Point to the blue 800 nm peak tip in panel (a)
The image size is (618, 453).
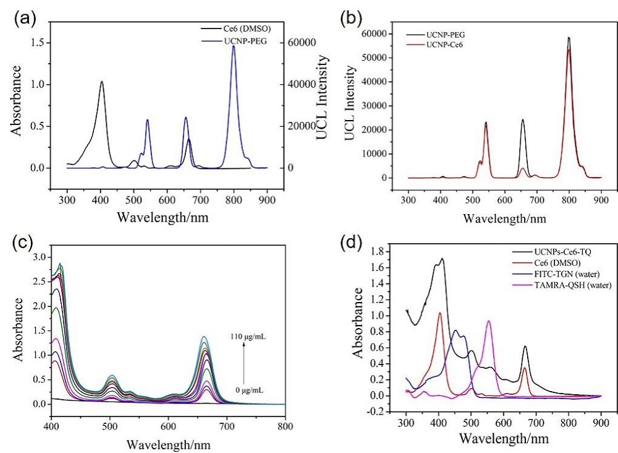(234, 46)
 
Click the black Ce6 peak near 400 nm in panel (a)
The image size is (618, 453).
(101, 82)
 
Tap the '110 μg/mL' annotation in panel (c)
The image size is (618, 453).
(250, 338)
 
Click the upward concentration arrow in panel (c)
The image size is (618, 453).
(245, 365)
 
